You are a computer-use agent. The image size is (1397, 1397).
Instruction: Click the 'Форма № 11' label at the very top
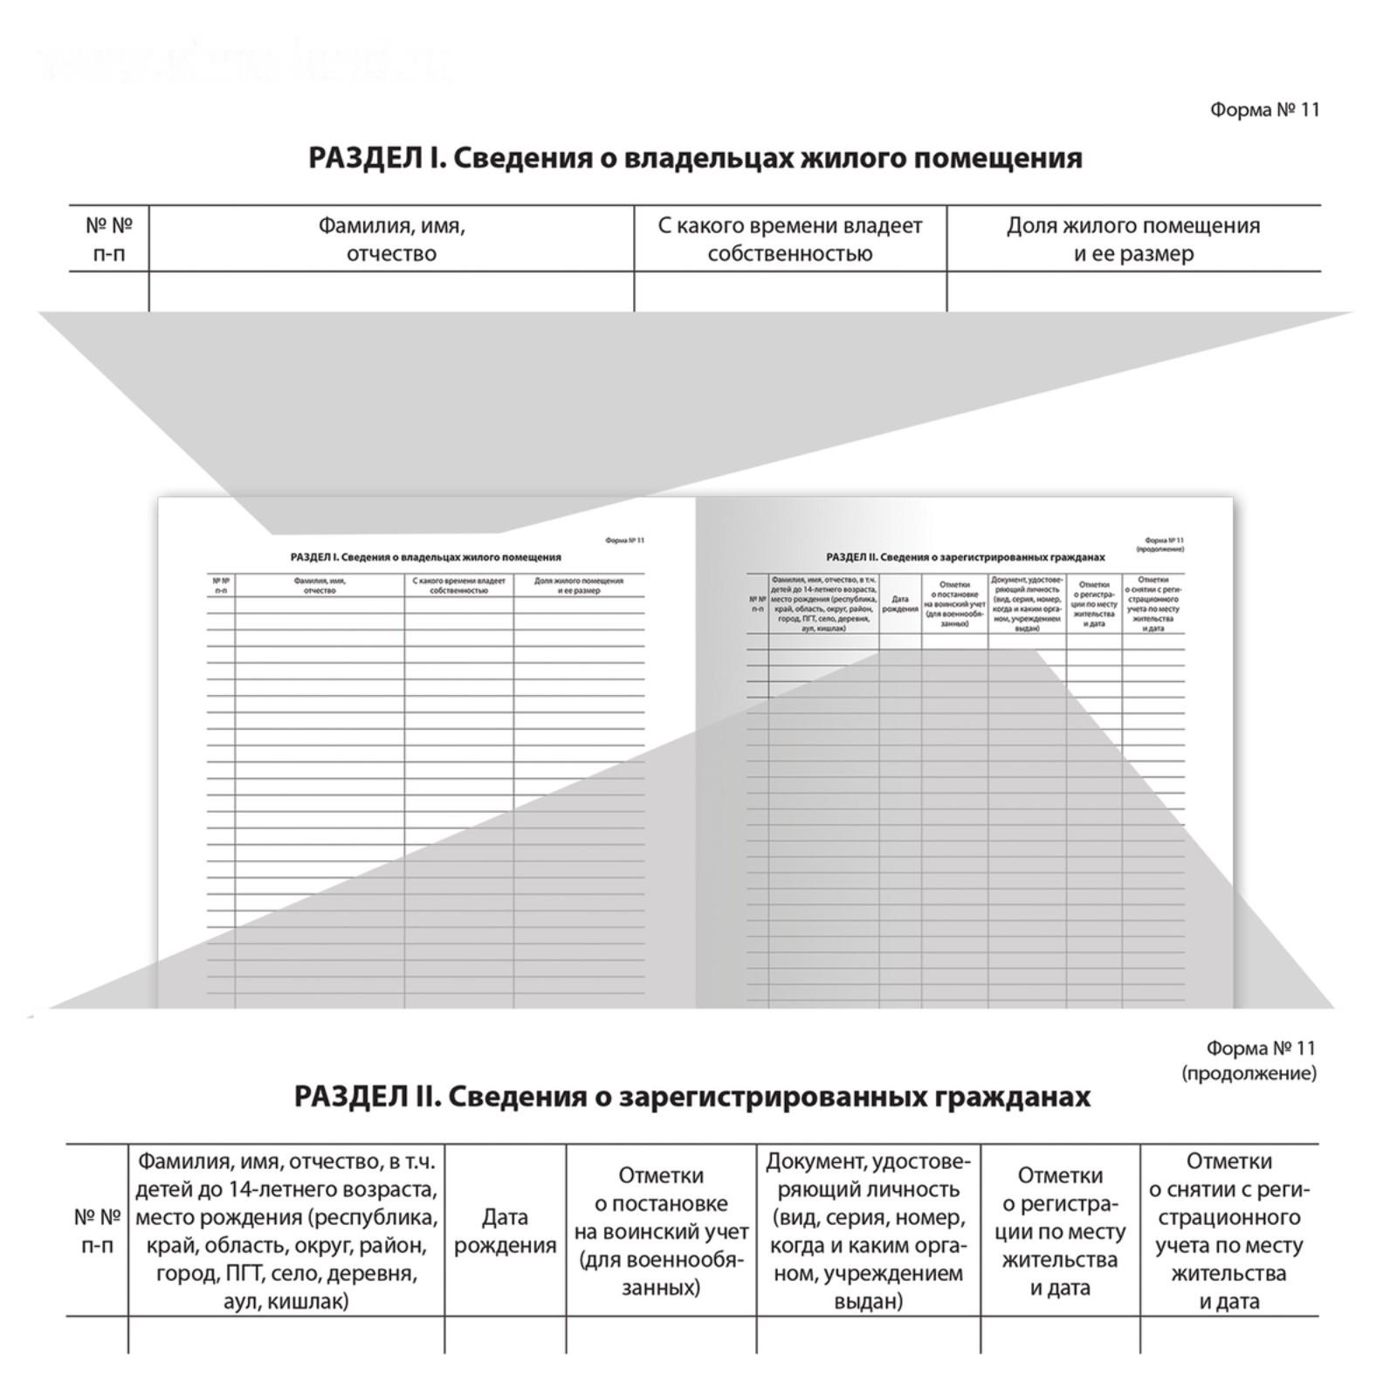coord(1264,110)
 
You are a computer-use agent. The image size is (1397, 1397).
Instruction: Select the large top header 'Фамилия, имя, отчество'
coord(391,239)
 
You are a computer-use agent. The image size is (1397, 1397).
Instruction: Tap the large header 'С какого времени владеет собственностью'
coord(789,239)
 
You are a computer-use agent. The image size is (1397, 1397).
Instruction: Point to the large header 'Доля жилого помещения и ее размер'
coord(1133,239)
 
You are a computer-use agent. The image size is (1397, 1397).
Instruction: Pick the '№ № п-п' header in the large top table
coord(109,239)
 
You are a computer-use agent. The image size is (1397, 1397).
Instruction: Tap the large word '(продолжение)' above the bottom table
coord(1249,1073)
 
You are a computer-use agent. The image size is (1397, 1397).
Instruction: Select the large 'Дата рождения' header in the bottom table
coord(505,1231)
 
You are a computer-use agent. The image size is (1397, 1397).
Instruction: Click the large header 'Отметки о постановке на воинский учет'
coord(661,1231)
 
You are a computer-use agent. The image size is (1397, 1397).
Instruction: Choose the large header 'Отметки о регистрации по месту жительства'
coord(1060,1231)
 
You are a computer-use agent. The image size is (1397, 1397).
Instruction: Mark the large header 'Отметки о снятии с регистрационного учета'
coord(1228,1231)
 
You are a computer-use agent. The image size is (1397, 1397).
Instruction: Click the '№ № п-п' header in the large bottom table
coord(97,1231)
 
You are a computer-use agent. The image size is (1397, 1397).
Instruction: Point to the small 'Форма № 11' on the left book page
coord(624,540)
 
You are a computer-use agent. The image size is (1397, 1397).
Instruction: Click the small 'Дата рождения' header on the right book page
coord(899,604)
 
